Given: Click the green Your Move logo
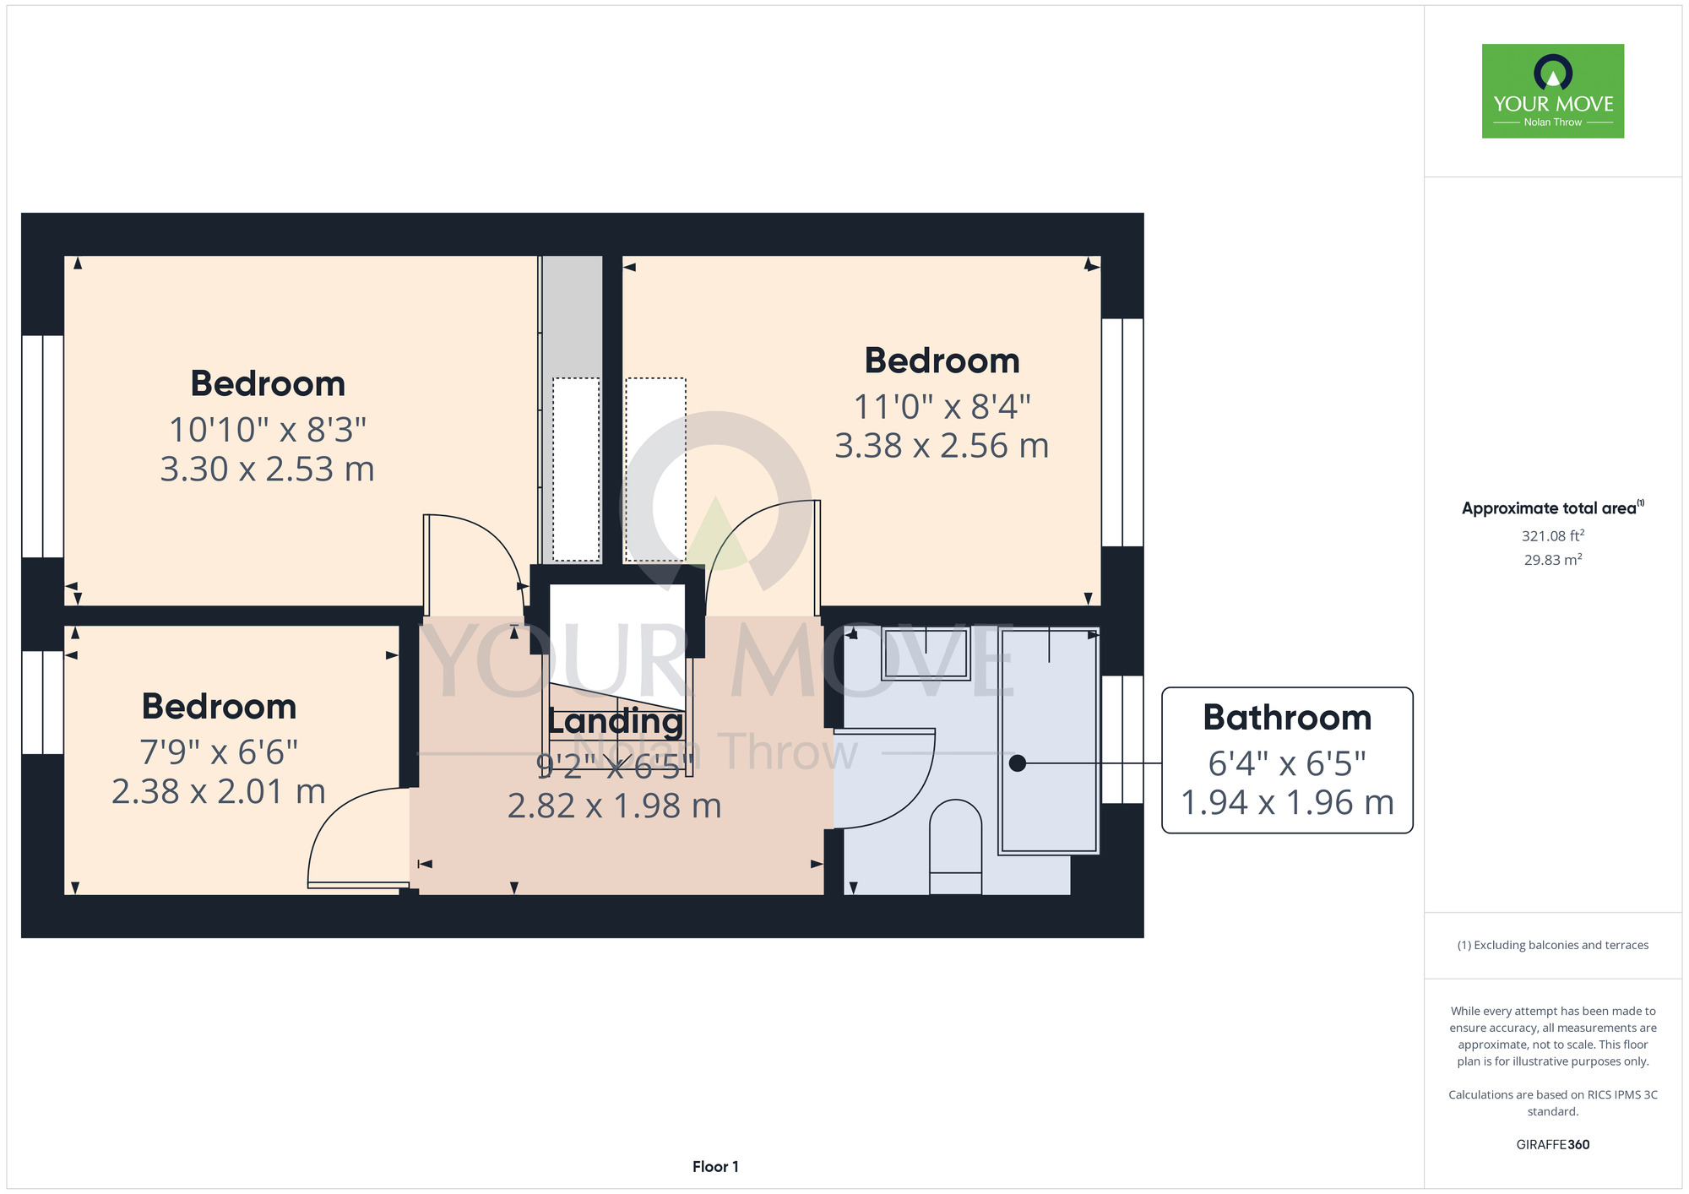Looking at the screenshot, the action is click(x=1553, y=91).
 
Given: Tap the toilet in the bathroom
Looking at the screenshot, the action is click(x=956, y=847).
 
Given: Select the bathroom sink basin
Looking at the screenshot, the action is click(x=926, y=654).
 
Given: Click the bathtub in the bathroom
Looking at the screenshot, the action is click(x=1049, y=741).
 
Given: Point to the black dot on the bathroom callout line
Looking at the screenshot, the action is click(x=1018, y=763).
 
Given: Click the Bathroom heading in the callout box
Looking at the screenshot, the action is click(x=1287, y=718).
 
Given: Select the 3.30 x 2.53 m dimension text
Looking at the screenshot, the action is click(x=268, y=469).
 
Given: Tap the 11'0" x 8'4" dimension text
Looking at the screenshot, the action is click(x=942, y=407).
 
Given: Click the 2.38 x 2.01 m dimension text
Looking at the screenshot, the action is click(x=219, y=792).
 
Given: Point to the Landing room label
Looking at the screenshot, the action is click(x=616, y=721).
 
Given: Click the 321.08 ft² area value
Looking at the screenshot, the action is click(x=1553, y=535).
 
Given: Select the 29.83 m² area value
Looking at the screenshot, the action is click(x=1553, y=560).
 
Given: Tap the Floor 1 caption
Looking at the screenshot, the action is click(x=715, y=1167).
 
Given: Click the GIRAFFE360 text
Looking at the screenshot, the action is click(x=1553, y=1145).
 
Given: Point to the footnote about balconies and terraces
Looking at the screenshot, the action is click(x=1553, y=945).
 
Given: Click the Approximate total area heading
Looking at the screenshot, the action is click(x=1553, y=508).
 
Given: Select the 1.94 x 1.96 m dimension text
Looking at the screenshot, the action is click(x=1287, y=803).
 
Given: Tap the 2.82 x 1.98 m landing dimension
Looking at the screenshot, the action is click(x=615, y=806).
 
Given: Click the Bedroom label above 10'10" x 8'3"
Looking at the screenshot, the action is click(x=268, y=384).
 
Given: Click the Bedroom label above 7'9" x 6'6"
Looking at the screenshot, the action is click(x=219, y=707).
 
